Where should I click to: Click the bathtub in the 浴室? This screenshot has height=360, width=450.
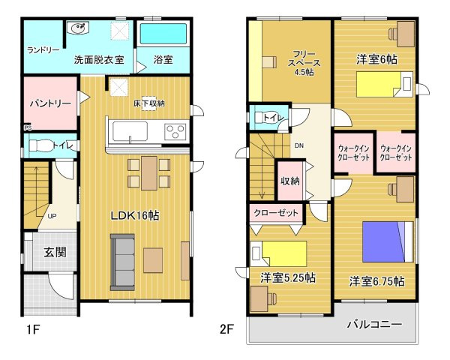coord(163,34)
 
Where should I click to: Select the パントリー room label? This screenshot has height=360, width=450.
coord(50,103)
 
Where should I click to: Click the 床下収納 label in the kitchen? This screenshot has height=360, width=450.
coord(149,103)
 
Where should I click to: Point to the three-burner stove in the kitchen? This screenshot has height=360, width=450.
coord(175,132)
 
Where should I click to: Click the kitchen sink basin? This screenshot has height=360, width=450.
coord(130,131)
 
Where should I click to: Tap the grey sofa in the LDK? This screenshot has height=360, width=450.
coord(122,262)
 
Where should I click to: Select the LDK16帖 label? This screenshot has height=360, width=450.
coord(135,215)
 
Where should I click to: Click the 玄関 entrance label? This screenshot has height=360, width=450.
coord(55,252)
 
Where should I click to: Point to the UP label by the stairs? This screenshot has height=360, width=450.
coord(52,216)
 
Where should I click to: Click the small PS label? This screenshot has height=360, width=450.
coord(28,127)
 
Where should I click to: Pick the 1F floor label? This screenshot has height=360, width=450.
coord(33,329)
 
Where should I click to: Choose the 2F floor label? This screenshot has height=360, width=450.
coord(226,329)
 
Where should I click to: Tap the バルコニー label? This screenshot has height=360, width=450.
coord(374,325)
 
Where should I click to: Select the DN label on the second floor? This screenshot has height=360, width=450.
coord(298,145)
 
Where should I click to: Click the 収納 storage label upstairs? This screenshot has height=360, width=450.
coord(290,181)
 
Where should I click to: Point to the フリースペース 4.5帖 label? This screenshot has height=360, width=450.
coord(304,63)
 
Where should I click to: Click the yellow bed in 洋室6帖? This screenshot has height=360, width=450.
coord(385,84)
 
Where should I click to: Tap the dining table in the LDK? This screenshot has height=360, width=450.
coord(149,173)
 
